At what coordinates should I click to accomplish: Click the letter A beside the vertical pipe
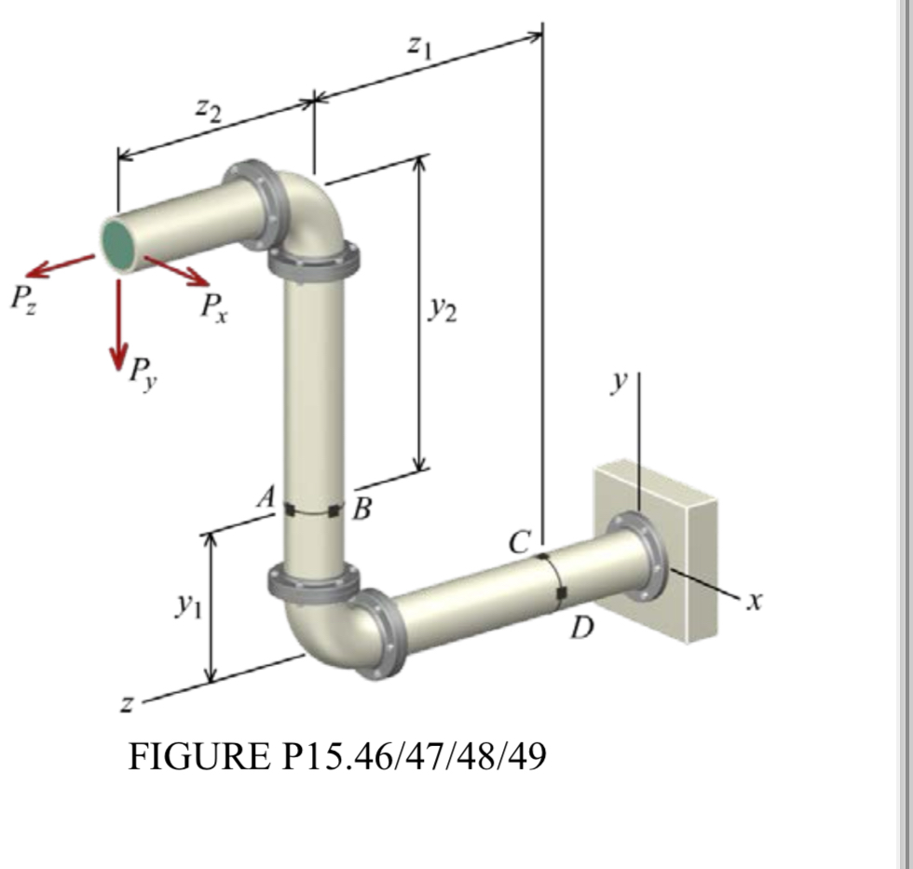tap(267, 499)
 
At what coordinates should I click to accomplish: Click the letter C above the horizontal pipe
tap(520, 540)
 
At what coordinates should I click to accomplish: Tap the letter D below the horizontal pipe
tap(581, 631)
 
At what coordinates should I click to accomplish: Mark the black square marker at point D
tap(561, 593)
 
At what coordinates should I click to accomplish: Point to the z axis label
tap(126, 705)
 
